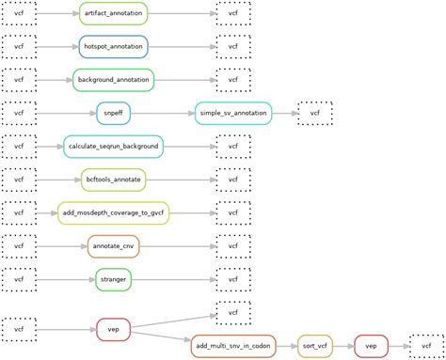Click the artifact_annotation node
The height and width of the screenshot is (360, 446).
click(x=113, y=13)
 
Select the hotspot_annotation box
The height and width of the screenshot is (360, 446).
click(x=113, y=46)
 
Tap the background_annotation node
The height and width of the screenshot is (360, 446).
click(x=113, y=80)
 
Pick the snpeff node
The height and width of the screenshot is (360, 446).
click(x=113, y=113)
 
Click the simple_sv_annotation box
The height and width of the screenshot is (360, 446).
click(x=233, y=113)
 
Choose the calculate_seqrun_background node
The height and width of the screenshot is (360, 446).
click(x=113, y=147)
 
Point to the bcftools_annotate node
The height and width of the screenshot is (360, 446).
click(x=113, y=180)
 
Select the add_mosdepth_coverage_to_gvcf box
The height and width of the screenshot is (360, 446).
click(x=113, y=213)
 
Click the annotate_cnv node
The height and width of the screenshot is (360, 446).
click(x=113, y=246)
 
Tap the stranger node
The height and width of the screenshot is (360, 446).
click(x=113, y=279)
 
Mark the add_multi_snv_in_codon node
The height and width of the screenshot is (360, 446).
click(x=233, y=346)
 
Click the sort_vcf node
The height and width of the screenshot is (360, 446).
click(x=315, y=346)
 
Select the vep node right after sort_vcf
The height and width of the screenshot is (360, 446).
click(x=371, y=346)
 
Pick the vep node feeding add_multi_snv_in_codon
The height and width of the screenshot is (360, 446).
click(x=113, y=330)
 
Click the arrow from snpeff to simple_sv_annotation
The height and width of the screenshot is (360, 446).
click(x=162, y=113)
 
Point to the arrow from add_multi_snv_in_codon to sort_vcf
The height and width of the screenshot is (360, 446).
click(x=286, y=346)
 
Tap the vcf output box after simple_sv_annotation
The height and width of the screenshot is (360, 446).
click(x=314, y=113)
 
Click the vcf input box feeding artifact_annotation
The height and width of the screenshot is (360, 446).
click(x=18, y=13)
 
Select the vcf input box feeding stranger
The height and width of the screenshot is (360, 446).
click(x=18, y=279)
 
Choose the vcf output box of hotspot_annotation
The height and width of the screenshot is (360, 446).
click(x=232, y=46)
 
